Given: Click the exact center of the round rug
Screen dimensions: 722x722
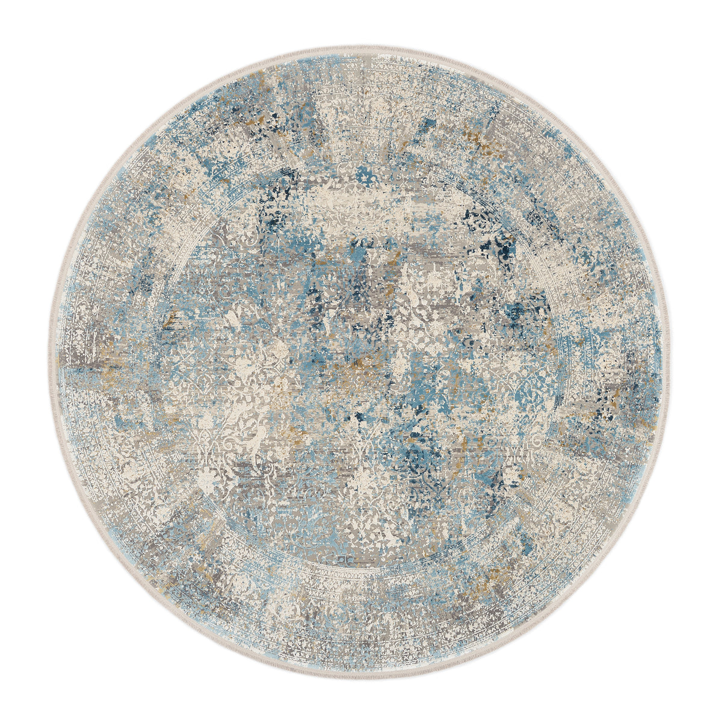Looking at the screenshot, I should click(x=361, y=361).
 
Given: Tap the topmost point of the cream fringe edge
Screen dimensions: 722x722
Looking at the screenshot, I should click(x=361, y=45).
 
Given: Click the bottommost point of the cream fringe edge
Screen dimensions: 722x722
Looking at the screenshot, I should click(x=361, y=677).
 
